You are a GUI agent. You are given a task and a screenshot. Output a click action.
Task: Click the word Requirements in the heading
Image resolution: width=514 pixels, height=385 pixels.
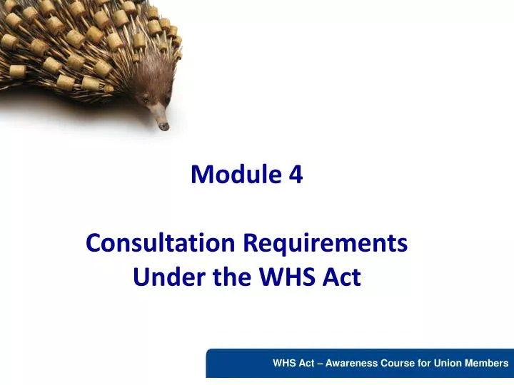[326, 243]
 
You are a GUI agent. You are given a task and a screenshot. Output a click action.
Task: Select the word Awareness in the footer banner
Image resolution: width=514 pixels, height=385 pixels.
[355, 363]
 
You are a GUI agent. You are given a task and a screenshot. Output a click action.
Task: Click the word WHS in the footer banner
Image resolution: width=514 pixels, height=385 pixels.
[285, 363]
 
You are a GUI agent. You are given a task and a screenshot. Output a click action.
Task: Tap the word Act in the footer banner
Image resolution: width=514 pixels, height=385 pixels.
[308, 363]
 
